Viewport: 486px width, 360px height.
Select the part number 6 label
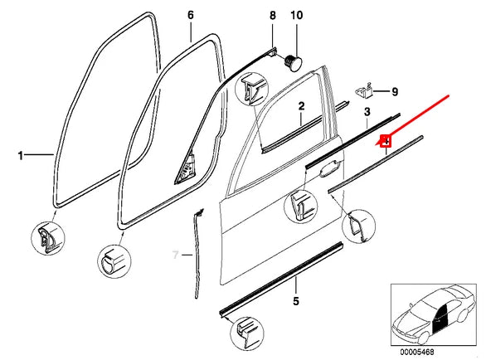click(190, 16)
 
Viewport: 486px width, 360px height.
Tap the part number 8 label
click(271, 16)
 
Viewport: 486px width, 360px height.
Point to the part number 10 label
click(296, 16)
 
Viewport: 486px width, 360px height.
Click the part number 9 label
click(394, 91)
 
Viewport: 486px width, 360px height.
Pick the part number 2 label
click(302, 106)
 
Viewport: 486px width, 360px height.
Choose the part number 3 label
click(366, 111)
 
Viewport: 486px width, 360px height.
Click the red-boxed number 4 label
click(385, 141)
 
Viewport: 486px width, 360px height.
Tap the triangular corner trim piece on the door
click(185, 171)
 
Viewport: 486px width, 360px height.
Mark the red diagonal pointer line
click(419, 116)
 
